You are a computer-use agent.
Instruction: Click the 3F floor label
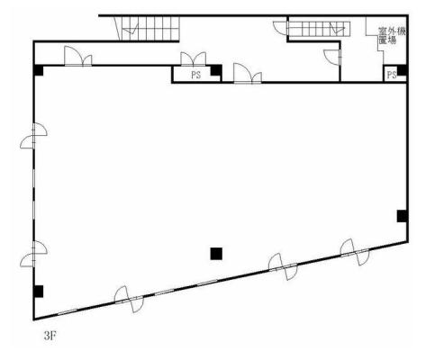(50, 336)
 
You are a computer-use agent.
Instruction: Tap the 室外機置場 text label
(392, 36)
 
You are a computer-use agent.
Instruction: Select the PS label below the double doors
(196, 75)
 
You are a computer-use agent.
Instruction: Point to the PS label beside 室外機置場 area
(392, 75)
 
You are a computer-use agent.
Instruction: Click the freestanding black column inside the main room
(216, 254)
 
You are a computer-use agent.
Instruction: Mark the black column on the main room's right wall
(402, 216)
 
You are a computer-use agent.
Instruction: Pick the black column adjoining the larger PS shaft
(216, 70)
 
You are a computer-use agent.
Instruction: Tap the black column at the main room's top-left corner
(38, 70)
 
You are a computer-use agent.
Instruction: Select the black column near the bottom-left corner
(38, 292)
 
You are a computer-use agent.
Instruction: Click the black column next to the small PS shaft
(403, 70)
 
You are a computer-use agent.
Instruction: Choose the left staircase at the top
(147, 28)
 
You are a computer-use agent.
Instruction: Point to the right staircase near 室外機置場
(319, 29)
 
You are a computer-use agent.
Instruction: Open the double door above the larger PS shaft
(194, 58)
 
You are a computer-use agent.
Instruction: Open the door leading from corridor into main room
(248, 73)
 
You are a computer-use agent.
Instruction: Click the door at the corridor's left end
(78, 56)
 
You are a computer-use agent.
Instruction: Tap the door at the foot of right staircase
(281, 29)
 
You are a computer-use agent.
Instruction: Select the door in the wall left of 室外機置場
(332, 57)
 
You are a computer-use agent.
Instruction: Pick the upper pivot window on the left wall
(33, 136)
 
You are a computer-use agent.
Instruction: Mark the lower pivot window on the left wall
(33, 254)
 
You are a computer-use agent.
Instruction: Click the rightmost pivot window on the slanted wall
(355, 252)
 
